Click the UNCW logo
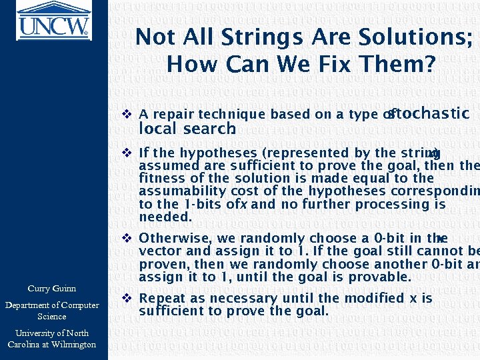coord(53,21)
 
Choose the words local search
coord(187,129)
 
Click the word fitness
coord(160,178)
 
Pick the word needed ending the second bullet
coord(165,217)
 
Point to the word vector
coord(159,251)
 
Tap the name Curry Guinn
coord(51,289)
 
